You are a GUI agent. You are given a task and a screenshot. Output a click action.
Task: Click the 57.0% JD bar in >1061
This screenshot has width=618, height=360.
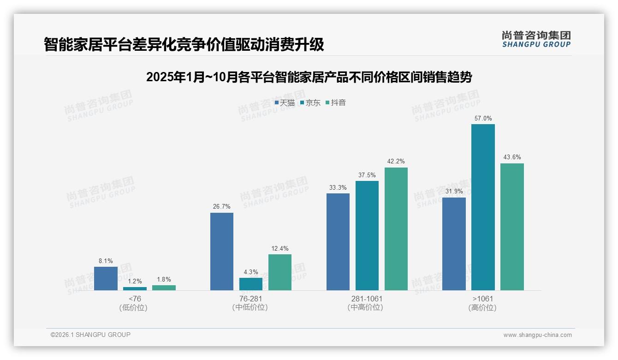483,207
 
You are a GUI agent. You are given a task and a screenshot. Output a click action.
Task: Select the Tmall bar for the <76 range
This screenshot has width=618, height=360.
106,278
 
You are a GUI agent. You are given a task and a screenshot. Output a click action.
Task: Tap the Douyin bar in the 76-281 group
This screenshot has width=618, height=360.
280,272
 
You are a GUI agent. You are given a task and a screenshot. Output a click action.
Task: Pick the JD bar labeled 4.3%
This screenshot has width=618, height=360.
251,284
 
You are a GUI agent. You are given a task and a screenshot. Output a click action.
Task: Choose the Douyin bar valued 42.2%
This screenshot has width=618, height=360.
396,229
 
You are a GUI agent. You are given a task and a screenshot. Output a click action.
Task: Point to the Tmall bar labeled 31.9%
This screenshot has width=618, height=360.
454,244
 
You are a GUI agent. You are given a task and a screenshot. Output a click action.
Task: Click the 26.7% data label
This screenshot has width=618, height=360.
221,206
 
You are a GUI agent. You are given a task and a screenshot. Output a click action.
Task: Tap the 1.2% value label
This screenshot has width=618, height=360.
135,281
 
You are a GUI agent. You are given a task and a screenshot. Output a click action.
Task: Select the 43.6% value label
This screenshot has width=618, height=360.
512,157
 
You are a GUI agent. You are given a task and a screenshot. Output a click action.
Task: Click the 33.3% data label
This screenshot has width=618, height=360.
338,187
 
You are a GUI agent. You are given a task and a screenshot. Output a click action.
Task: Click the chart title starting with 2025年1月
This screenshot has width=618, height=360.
309,77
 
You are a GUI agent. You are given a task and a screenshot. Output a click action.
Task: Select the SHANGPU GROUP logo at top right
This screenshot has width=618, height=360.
536,39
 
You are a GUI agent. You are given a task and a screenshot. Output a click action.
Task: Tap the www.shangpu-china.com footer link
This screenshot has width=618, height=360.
537,335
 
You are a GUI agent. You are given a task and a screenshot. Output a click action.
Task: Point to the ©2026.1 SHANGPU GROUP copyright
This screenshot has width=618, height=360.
90,335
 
